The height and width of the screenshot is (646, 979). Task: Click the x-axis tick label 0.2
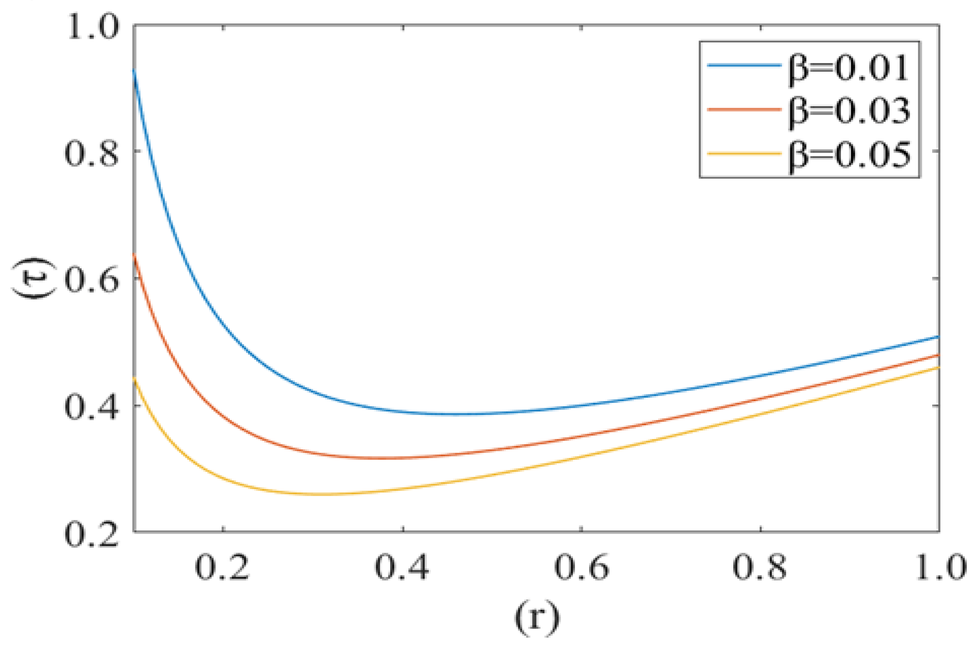pyautogui.click(x=222, y=567)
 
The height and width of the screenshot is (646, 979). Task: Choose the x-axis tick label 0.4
pyautogui.click(x=402, y=567)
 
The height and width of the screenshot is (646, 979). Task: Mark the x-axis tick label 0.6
pyautogui.click(x=581, y=567)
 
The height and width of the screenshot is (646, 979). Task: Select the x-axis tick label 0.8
pyautogui.click(x=760, y=567)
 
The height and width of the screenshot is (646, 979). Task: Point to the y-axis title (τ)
pyautogui.click(x=34, y=279)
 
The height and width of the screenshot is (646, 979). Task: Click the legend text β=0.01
pyautogui.click(x=848, y=68)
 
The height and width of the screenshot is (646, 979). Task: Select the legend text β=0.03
pyautogui.click(x=848, y=111)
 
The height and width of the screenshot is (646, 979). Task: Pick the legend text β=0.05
pyautogui.click(x=848, y=155)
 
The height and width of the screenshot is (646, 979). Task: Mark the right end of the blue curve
pyautogui.click(x=939, y=336)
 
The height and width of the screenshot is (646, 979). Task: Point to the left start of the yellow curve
pyautogui.click(x=135, y=378)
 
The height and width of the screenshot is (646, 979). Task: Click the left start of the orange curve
pyautogui.click(x=135, y=254)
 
